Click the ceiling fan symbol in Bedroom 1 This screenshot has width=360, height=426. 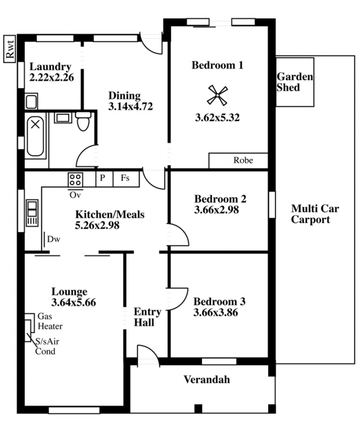click(217, 95)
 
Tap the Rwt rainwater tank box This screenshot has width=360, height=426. click(9, 49)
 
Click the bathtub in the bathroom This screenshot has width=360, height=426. click(36, 136)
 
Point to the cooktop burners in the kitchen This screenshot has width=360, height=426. click(75, 180)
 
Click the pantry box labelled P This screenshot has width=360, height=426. click(104, 178)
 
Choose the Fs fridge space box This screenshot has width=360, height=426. click(126, 178)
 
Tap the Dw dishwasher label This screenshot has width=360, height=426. click(54, 239)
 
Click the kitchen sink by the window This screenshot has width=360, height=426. click(32, 213)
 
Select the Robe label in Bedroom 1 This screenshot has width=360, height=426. click(243, 160)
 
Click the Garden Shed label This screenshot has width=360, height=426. click(295, 82)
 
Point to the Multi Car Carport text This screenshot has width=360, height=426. click(315, 214)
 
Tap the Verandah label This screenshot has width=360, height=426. click(207, 380)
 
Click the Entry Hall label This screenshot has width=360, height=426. click(148, 317)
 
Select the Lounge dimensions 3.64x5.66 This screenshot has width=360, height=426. click(73, 302)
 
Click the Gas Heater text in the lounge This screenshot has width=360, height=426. click(50, 321)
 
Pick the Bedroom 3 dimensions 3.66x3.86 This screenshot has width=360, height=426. click(216, 313)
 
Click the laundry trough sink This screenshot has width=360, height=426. click(31, 102)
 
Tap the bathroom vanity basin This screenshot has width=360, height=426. click(63, 118)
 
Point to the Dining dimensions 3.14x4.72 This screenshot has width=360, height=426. click(130, 106)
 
